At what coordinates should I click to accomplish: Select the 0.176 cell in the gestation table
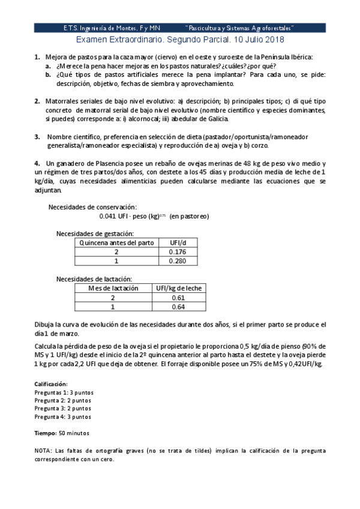tap(179, 252)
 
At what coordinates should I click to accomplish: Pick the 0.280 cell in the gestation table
tap(179, 261)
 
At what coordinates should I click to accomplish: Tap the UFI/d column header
tap(179, 243)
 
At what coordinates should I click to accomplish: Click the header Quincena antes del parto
tap(117, 243)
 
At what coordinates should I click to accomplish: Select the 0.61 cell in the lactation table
tap(178, 298)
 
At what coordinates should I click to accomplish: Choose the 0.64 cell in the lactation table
tap(178, 307)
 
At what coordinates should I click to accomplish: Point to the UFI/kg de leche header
tap(178, 289)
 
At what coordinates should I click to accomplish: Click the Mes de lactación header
tap(113, 289)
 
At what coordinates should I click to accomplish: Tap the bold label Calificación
tap(51, 384)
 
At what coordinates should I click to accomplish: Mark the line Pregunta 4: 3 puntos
tap(62, 417)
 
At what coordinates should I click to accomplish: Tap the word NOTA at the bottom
tap(44, 450)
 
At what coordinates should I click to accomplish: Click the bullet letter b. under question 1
tap(48, 75)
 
